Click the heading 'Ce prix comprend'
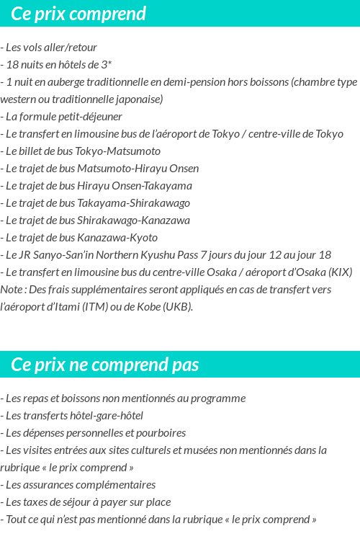(78, 14)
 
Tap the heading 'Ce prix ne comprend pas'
(105, 365)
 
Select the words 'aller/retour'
(71, 48)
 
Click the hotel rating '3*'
(105, 65)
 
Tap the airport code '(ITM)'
(90, 307)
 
